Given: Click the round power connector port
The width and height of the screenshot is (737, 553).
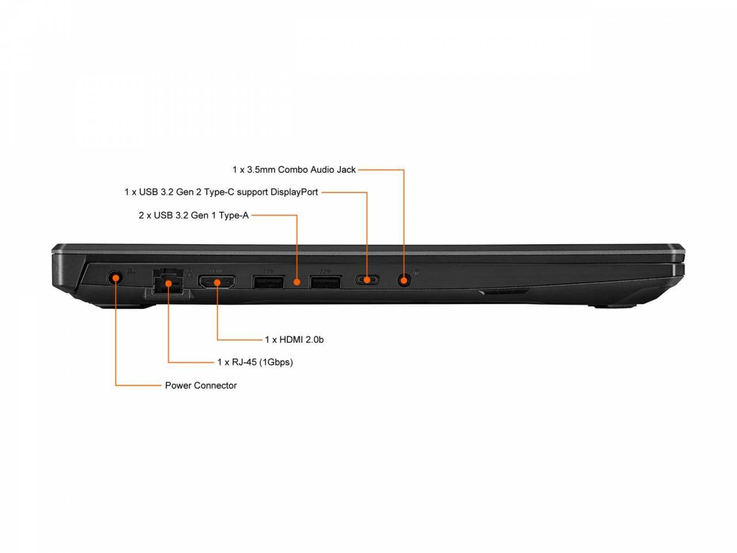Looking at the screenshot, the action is point(115,278).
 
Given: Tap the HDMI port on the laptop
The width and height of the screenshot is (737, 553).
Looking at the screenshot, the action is point(217,282).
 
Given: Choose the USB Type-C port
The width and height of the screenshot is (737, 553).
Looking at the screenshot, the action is point(367,279).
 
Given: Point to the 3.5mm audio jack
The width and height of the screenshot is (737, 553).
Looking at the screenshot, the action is point(404,280).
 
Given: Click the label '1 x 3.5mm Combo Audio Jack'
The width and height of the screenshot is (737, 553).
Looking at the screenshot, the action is point(294,170).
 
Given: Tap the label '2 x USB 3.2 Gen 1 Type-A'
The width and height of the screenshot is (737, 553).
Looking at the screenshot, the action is point(194,215).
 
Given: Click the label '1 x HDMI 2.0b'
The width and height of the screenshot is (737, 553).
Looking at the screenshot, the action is point(294,340).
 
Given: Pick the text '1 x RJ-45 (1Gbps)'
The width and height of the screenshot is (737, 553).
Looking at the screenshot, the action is point(255,362).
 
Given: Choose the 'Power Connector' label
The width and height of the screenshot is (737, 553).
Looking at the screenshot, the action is point(201,385).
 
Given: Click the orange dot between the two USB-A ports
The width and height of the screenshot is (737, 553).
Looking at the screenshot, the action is point(297,282).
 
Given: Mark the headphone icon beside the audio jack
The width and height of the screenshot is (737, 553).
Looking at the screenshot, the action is point(416,273).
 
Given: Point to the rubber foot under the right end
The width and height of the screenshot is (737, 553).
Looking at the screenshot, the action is point(612,306).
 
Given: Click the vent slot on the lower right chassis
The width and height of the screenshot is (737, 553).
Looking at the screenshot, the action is point(503,291).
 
